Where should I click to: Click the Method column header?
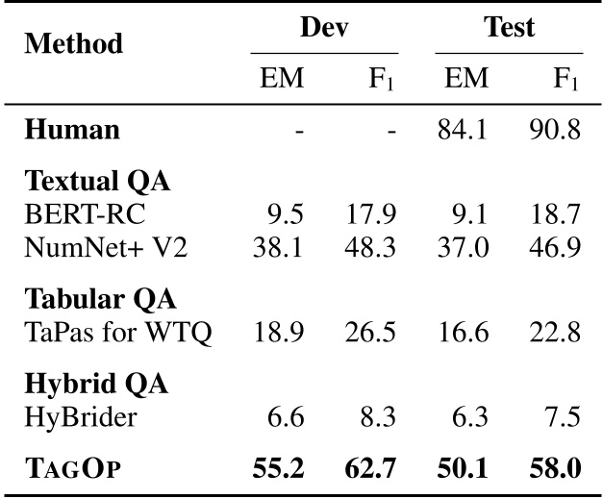click(74, 44)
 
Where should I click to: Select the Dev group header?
click(323, 27)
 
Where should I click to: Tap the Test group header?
click(509, 27)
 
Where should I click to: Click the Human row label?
click(72, 130)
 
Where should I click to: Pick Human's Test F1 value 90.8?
click(555, 130)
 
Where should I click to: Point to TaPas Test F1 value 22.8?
click(555, 334)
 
